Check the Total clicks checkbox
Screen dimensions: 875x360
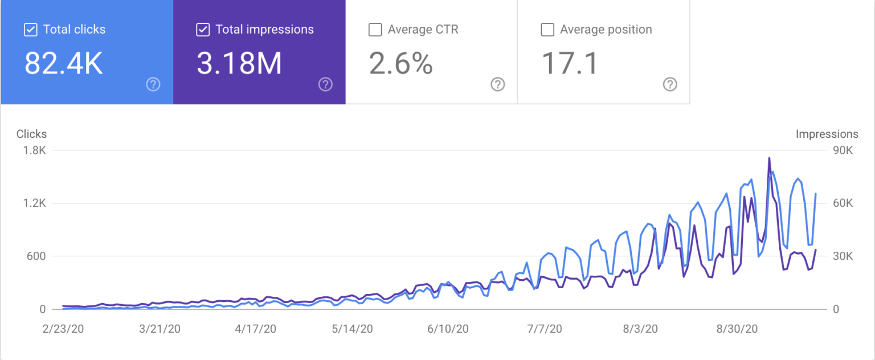click(x=30, y=30)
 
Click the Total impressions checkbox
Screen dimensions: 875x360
click(x=203, y=30)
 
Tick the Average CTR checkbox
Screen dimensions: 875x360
click(x=375, y=30)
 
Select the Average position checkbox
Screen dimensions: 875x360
click(x=547, y=30)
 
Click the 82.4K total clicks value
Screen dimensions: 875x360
click(x=64, y=63)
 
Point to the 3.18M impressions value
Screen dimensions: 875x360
click(x=239, y=63)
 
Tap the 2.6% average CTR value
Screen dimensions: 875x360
click(x=401, y=63)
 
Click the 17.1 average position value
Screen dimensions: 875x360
click(x=570, y=63)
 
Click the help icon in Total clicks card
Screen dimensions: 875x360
click(x=153, y=84)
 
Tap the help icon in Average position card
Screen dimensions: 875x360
click(x=670, y=84)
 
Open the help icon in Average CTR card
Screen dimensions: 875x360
click(x=498, y=84)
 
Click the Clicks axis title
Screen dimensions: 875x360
click(x=32, y=134)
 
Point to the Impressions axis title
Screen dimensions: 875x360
click(x=827, y=134)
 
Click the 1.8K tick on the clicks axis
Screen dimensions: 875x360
click(x=34, y=150)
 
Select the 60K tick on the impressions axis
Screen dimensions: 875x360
click(x=843, y=203)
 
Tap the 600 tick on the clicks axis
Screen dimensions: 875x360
click(x=36, y=256)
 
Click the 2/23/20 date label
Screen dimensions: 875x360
click(x=63, y=329)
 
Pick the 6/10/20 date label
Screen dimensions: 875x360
click(x=448, y=329)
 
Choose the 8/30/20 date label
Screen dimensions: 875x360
click(x=737, y=329)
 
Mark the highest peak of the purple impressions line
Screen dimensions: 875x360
click(x=769, y=158)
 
